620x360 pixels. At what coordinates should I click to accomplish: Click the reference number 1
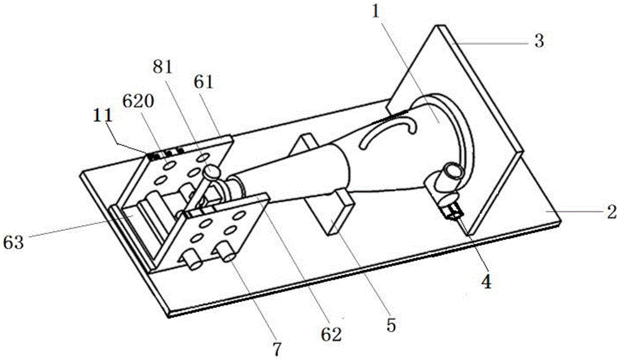376,12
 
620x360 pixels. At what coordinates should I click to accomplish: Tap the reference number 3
539,41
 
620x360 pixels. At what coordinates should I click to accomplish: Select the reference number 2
612,212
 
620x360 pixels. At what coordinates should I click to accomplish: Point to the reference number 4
486,282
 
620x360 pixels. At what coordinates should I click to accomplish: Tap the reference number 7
277,349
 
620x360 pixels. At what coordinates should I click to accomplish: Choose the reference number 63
14,242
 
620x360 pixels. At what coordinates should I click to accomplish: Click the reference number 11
103,117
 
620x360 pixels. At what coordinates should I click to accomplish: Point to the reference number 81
162,68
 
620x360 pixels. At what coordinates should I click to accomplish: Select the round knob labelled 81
211,172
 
